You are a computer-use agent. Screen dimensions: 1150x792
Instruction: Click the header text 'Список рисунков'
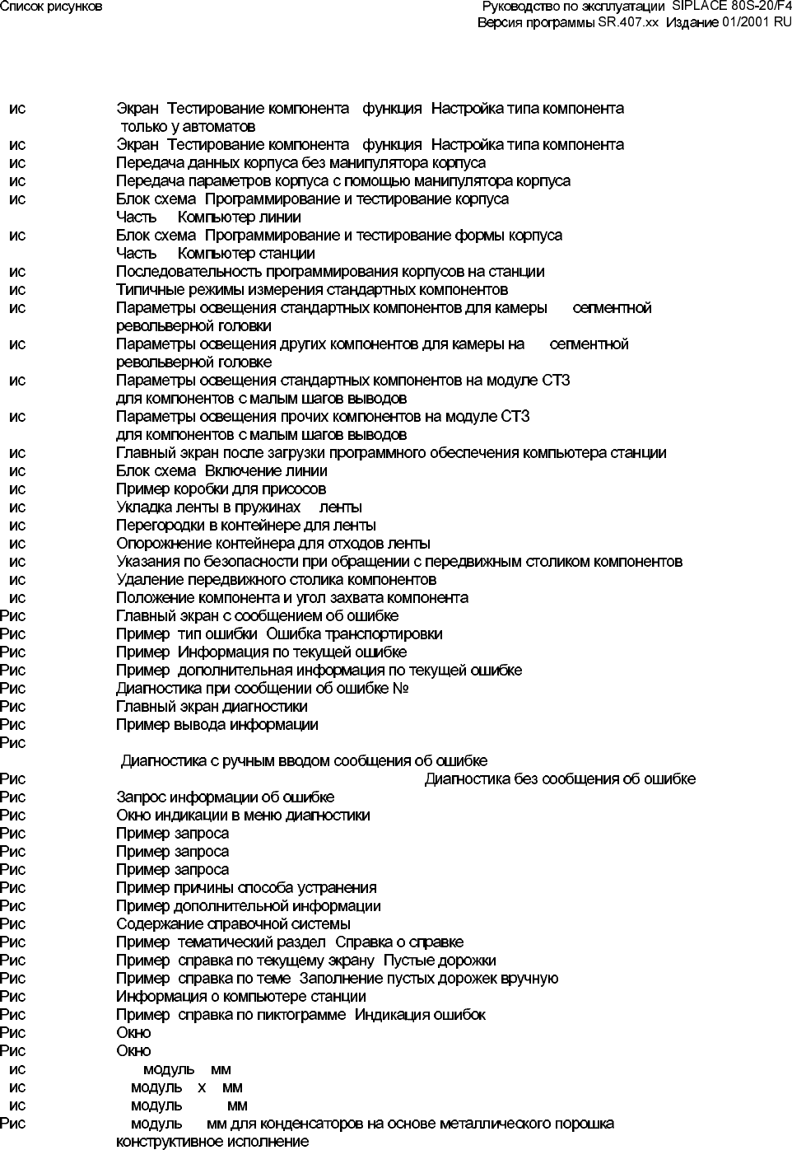51,7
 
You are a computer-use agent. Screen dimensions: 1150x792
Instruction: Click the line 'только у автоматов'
188,127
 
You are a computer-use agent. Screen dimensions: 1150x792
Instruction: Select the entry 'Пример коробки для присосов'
221,489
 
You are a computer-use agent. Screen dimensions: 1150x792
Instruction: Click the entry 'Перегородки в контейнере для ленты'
246,526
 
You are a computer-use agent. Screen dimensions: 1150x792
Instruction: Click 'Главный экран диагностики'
212,707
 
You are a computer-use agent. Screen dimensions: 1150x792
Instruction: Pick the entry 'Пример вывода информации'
217,725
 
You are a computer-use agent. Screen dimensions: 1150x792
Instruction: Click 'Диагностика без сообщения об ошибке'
560,779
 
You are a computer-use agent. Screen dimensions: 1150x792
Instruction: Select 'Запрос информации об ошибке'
225,797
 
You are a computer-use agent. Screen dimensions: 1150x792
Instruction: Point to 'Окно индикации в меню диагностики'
243,816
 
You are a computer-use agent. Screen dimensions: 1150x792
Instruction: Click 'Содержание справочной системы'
233,924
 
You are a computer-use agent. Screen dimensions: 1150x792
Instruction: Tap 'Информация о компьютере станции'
240,997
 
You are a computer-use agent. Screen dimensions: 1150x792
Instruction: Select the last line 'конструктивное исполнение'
212,1142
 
